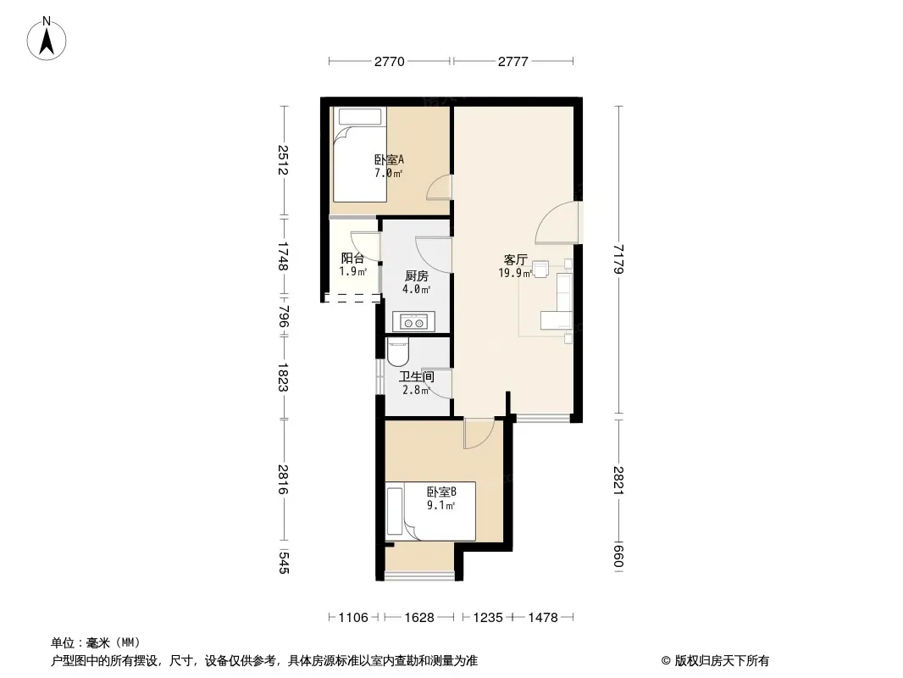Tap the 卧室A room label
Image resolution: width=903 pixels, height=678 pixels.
[x=389, y=159]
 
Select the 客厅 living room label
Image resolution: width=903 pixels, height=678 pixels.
[x=515, y=260]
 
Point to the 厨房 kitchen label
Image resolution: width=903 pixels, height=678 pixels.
[x=417, y=276]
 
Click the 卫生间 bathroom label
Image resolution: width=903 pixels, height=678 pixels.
[x=417, y=377]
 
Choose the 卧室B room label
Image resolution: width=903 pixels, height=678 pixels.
[x=441, y=492]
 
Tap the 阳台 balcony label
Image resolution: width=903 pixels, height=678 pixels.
[x=352, y=258]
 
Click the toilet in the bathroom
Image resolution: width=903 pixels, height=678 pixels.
[x=397, y=353]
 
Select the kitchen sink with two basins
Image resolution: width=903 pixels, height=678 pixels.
[x=413, y=322]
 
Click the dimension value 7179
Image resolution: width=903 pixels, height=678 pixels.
[x=618, y=259]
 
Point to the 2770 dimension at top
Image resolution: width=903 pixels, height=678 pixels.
[x=390, y=62]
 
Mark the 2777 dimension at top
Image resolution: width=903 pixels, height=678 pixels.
[x=513, y=62]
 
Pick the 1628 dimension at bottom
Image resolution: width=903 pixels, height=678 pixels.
[x=419, y=618]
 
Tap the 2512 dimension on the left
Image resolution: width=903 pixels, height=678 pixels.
[x=283, y=160]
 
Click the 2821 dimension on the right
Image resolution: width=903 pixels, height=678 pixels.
[x=618, y=480]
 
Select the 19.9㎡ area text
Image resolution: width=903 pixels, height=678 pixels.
[x=515, y=273]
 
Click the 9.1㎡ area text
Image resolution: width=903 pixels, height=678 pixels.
[x=440, y=506]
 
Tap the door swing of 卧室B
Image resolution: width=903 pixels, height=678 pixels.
[x=479, y=433]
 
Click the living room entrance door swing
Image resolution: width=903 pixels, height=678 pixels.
[x=557, y=222]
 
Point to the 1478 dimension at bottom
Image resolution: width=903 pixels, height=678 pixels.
[x=543, y=618]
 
